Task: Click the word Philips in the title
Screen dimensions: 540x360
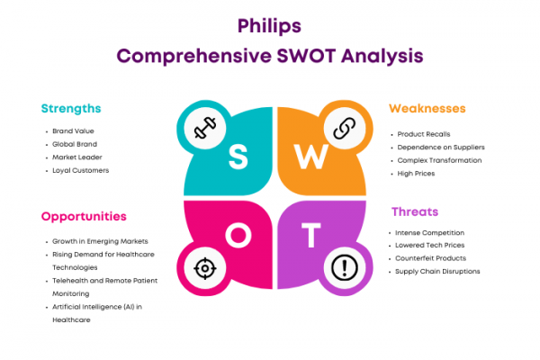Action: tap(269, 26)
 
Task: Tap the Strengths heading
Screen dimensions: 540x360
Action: tap(71, 109)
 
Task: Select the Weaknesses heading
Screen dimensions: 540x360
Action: tap(427, 109)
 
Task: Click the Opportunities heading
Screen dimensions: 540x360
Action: tap(84, 217)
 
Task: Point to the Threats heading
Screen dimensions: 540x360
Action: tap(415, 211)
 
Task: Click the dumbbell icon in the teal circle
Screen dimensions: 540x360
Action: tap(205, 128)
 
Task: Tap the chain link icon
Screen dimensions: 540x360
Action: tap(345, 128)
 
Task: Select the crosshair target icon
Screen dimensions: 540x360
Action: tap(205, 268)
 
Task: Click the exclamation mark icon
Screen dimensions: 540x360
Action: tap(345, 267)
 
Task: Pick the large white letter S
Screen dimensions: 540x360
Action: tap(238, 157)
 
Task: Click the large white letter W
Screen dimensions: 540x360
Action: tap(310, 157)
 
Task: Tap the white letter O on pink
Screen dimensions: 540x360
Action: tap(238, 235)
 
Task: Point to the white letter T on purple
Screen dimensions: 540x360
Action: tap(311, 235)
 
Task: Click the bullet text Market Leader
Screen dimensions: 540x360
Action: tap(77, 157)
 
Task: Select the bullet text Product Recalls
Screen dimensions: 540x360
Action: tap(424, 134)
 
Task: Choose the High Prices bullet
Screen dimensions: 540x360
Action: tap(416, 174)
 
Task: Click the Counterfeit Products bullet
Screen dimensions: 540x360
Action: tap(430, 258)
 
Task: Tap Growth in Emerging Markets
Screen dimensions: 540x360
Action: tap(100, 241)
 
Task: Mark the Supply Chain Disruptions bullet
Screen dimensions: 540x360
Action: tap(437, 272)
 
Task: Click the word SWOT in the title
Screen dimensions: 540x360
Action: tap(306, 56)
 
